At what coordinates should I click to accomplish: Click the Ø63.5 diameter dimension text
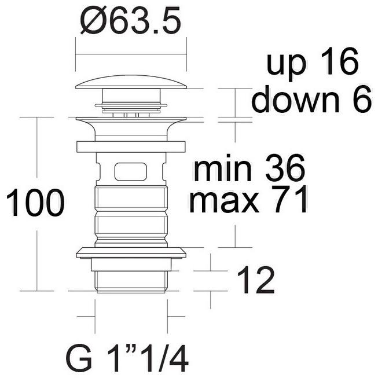[x=130, y=20]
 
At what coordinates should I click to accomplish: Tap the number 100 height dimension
[x=35, y=203]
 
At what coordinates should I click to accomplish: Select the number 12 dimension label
[x=256, y=280]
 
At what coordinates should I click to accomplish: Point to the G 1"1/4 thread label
[x=127, y=358]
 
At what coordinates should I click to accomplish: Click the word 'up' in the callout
[x=286, y=64]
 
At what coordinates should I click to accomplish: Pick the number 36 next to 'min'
[x=285, y=168]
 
